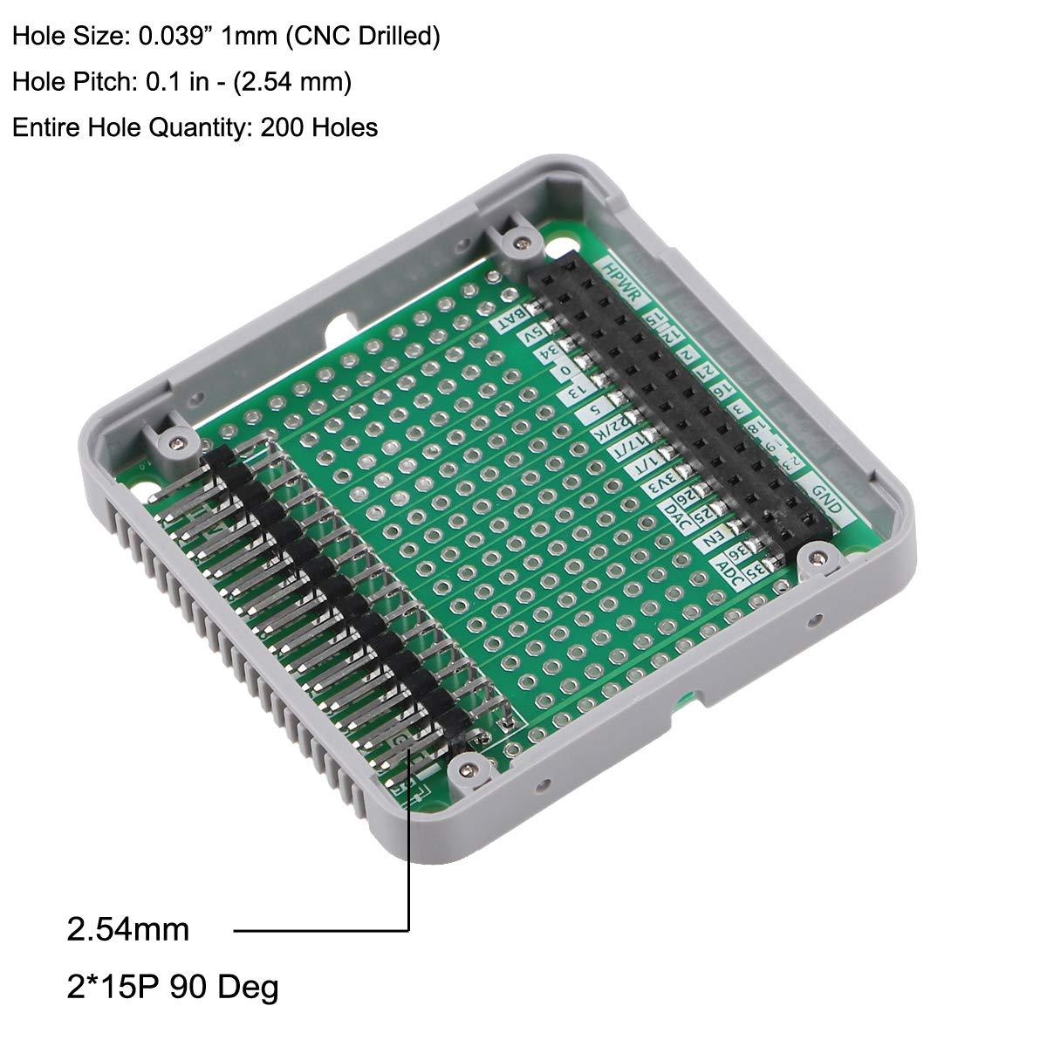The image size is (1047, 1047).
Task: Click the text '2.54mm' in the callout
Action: tap(127, 930)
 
